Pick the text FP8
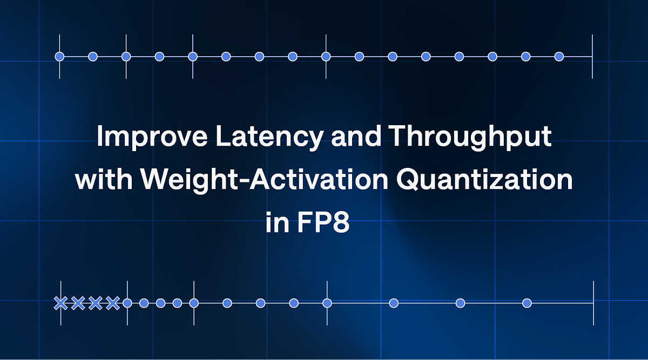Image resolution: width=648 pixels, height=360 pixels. [x=324, y=222]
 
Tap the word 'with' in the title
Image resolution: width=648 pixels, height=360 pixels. [x=97, y=180]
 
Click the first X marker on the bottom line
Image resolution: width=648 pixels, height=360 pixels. [x=60, y=303]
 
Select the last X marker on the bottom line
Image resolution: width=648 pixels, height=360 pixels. [x=112, y=303]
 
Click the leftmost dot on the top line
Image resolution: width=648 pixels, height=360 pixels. [x=60, y=56]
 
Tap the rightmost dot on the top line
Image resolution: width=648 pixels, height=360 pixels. [x=559, y=56]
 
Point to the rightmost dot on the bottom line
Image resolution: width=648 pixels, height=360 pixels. [x=527, y=303]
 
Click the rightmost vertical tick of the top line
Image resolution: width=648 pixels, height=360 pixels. [x=592, y=56]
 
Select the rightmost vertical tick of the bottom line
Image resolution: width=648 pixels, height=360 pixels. [x=593, y=303]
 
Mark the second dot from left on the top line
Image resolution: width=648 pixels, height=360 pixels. [x=93, y=56]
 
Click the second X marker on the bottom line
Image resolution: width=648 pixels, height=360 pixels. [x=78, y=303]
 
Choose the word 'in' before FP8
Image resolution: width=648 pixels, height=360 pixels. [x=276, y=222]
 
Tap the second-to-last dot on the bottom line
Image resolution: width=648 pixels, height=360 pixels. [x=460, y=303]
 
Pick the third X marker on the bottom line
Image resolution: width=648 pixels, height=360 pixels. [x=95, y=303]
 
